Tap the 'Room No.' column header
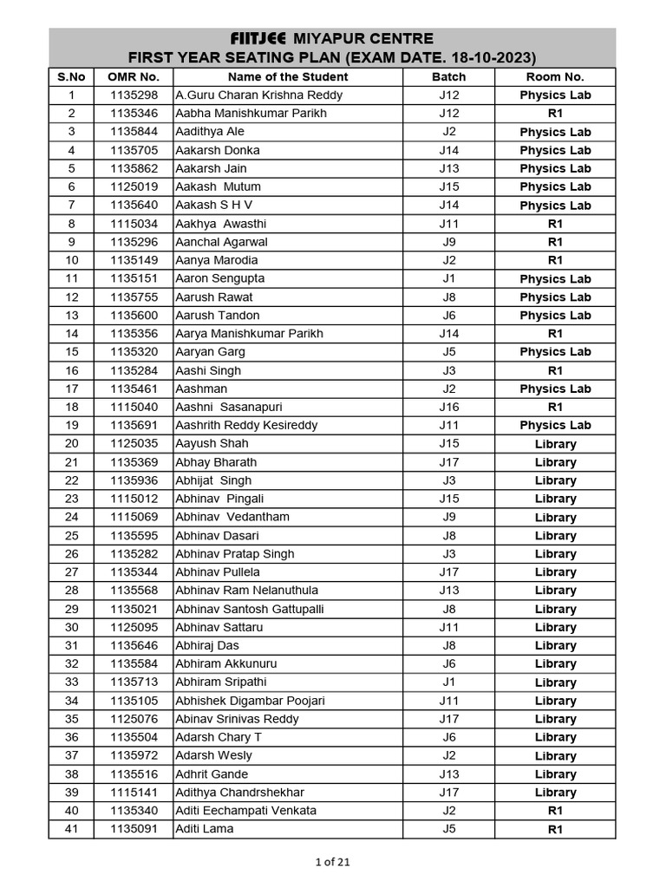pyautogui.click(x=555, y=77)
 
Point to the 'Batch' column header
pyautogui.click(x=448, y=77)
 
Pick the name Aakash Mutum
pyautogui.click(x=218, y=186)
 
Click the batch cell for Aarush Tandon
pyautogui.click(x=448, y=316)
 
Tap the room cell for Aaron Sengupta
pyautogui.click(x=555, y=279)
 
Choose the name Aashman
pyautogui.click(x=200, y=388)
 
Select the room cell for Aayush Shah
pyautogui.click(x=555, y=444)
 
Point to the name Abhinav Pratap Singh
pyautogui.click(x=234, y=554)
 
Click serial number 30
pyautogui.click(x=71, y=627)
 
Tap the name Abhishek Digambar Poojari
pyautogui.click(x=249, y=701)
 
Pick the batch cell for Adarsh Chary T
pyautogui.click(x=448, y=737)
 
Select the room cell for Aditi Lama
pyautogui.click(x=555, y=829)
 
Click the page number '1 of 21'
pyautogui.click(x=333, y=862)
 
